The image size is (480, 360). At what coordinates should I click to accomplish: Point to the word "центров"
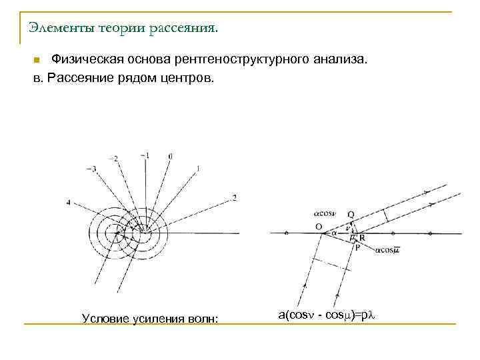(187, 78)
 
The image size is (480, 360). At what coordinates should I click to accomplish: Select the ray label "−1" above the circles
(145, 155)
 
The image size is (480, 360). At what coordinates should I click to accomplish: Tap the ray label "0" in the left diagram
(171, 156)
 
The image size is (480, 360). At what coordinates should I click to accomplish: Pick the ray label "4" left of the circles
(69, 201)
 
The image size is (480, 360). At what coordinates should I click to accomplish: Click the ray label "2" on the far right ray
(234, 197)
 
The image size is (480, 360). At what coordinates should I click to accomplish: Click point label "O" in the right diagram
(319, 227)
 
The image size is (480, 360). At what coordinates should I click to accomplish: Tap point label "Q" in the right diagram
(351, 215)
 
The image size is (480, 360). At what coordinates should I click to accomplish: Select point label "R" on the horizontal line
(362, 237)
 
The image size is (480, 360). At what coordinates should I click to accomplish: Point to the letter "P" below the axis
(358, 247)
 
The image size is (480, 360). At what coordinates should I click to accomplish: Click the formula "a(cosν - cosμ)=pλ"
(327, 314)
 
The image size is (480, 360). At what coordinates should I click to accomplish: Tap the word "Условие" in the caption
(103, 318)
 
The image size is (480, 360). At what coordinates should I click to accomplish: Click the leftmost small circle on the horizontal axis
(286, 233)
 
